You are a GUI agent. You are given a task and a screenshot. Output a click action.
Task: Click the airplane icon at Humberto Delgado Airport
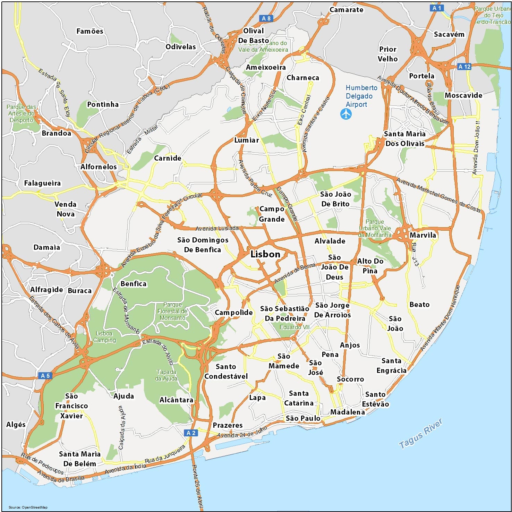346,114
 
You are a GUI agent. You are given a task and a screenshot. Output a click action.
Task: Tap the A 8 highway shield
266,18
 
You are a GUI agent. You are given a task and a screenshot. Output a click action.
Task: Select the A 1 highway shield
437,8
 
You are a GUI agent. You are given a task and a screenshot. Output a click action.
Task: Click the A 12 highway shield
464,67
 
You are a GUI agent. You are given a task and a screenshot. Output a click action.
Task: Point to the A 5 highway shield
45,375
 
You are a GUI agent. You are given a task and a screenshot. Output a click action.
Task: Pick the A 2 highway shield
191,433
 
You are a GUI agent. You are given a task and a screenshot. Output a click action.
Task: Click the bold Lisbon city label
265,254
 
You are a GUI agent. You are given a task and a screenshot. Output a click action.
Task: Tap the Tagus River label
420,433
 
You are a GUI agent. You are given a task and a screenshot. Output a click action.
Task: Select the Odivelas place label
181,47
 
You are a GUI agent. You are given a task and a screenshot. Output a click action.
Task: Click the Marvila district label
423,235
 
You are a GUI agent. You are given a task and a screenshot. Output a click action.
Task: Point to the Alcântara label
176,400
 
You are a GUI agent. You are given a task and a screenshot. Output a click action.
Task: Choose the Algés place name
16,425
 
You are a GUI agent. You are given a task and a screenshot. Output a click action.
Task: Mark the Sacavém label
449,34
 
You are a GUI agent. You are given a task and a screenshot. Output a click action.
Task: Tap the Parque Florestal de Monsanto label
172,311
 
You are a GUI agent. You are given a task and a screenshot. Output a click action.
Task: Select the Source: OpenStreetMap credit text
28,507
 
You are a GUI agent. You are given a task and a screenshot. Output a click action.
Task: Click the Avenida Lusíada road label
217,228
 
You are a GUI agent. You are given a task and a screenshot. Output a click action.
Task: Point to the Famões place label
90,31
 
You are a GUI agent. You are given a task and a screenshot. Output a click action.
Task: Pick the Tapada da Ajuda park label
166,375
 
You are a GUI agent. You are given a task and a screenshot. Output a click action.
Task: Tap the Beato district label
419,305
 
